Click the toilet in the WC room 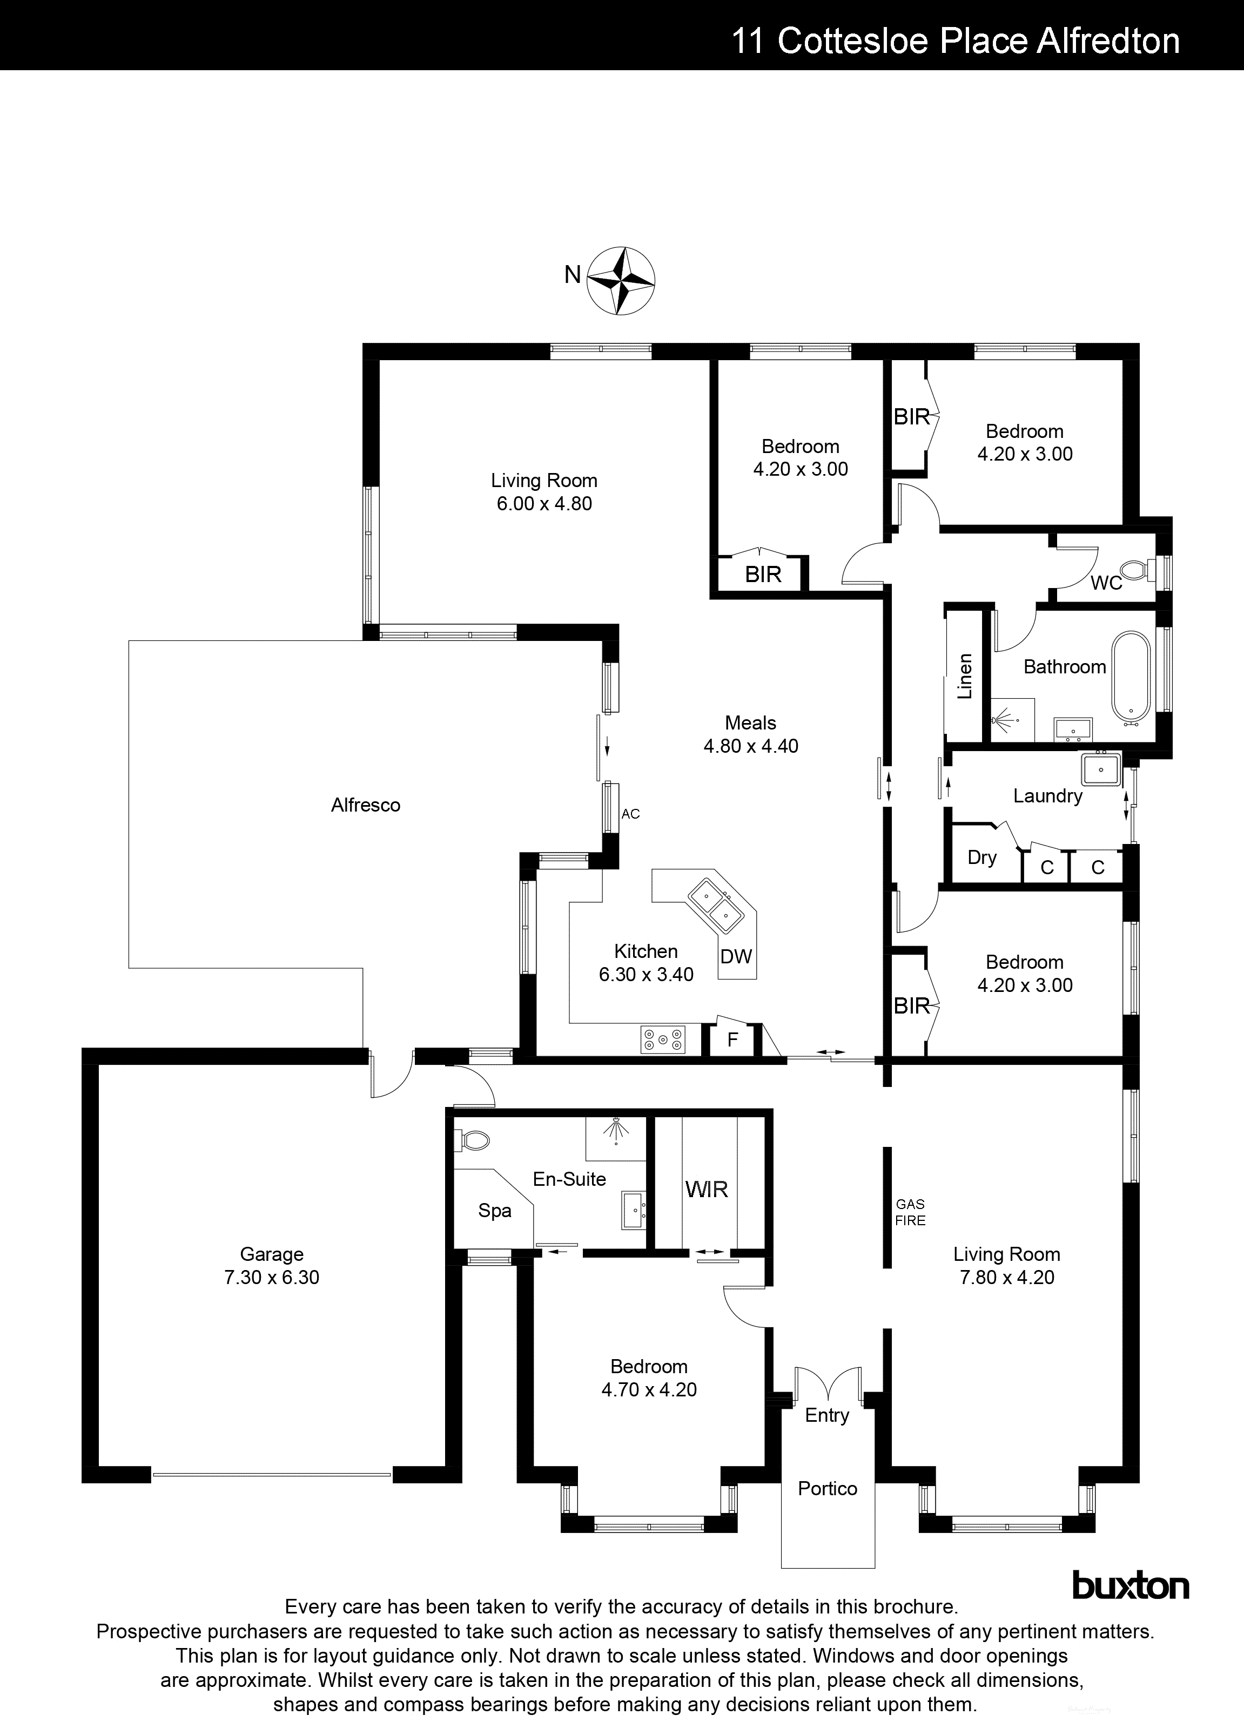(1134, 570)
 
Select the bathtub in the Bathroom (1132, 675)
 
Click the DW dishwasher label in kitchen (735, 957)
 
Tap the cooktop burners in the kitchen (663, 1039)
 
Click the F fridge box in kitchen (732, 1039)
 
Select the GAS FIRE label (910, 1212)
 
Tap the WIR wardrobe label (707, 1189)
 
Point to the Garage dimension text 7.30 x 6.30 (271, 1278)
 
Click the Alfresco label (365, 805)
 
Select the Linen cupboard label (965, 676)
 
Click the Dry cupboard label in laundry (981, 857)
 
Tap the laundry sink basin (1100, 768)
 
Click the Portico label (827, 1488)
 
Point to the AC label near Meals (630, 814)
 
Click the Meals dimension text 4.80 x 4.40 (750, 746)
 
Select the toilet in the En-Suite (473, 1140)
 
